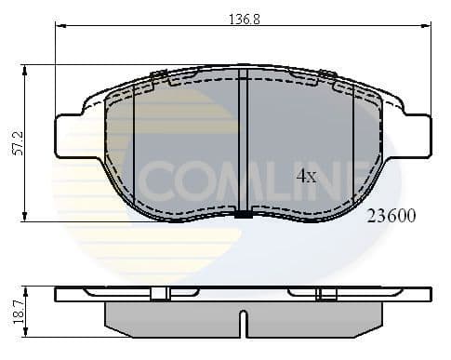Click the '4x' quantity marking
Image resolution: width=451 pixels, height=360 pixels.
point(307,174)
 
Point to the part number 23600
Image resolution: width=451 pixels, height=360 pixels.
point(391,215)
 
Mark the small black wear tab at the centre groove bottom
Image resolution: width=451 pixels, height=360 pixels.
point(243,215)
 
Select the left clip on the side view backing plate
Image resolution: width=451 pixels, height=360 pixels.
point(159,294)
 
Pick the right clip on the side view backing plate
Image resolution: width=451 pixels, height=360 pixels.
point(326,294)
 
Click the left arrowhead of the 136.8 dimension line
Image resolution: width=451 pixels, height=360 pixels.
point(60,26)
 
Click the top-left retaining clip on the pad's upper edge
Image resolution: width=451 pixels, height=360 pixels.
point(158,74)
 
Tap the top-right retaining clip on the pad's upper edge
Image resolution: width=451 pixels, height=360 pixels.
point(327,74)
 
